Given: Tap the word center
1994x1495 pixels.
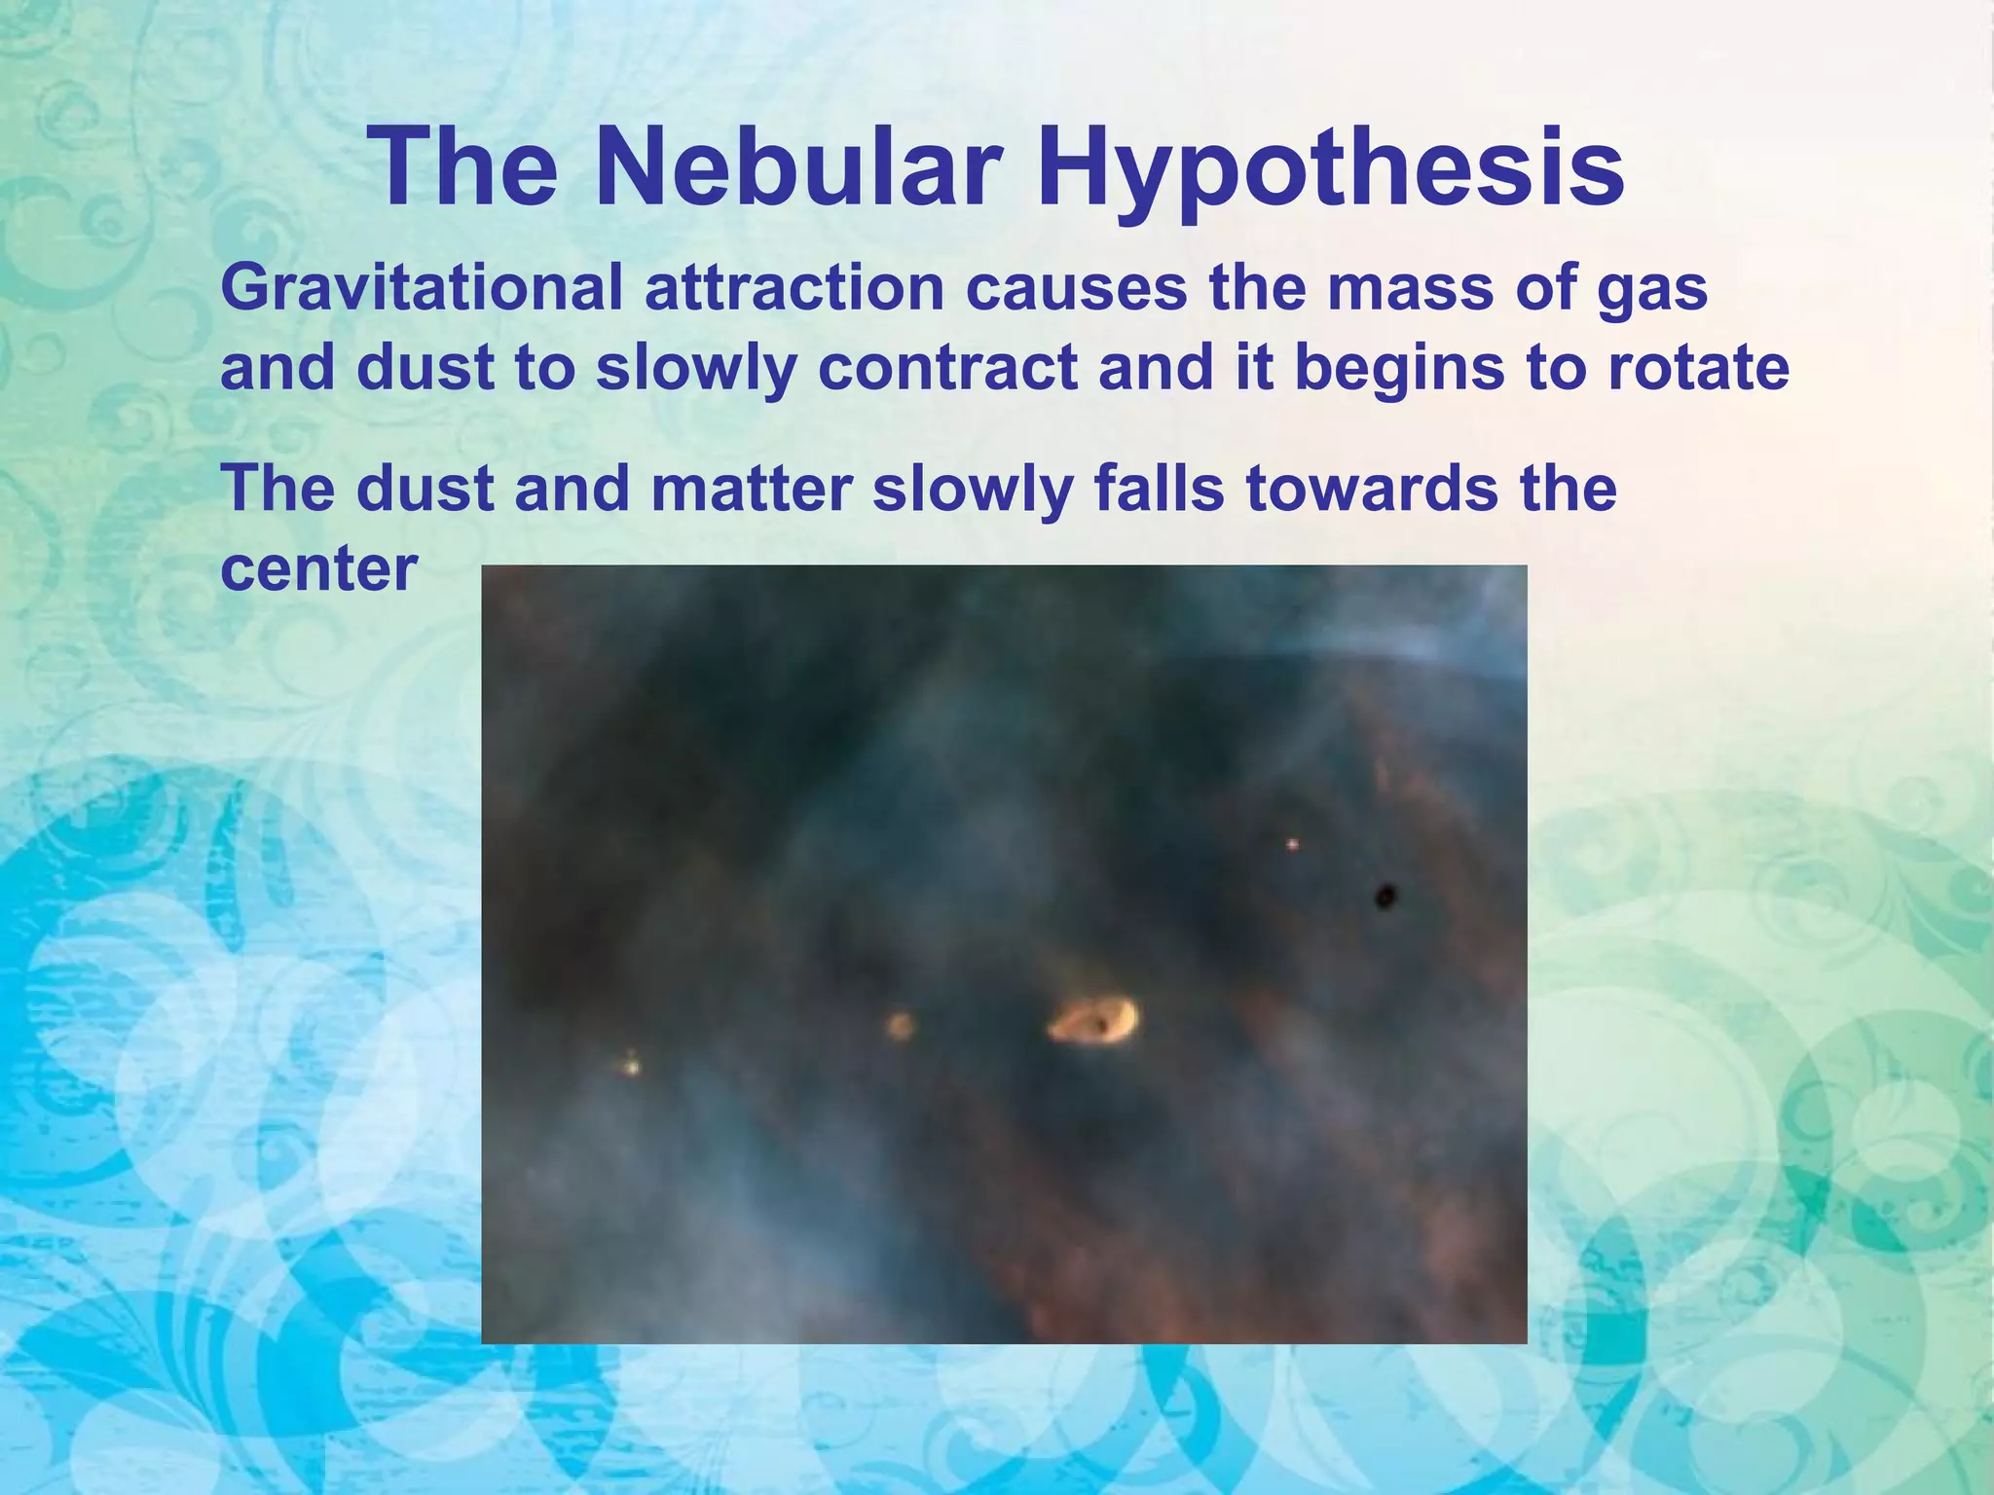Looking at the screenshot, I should pos(318,568).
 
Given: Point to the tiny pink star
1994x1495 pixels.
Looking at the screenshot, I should pos(1292,844).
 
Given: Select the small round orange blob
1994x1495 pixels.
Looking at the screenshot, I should pos(900,1025).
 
